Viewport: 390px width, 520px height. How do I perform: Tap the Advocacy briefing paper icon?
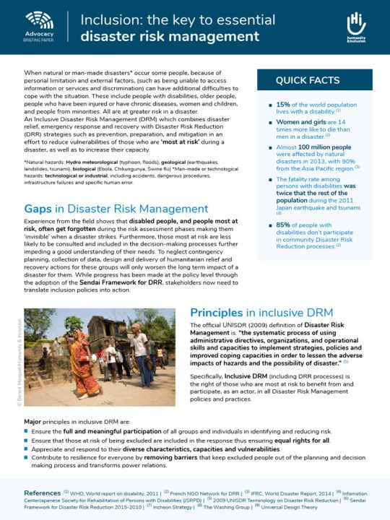[39, 19]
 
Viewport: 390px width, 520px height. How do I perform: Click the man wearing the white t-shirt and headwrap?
[139, 347]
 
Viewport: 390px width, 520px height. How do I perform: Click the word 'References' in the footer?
[43, 492]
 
